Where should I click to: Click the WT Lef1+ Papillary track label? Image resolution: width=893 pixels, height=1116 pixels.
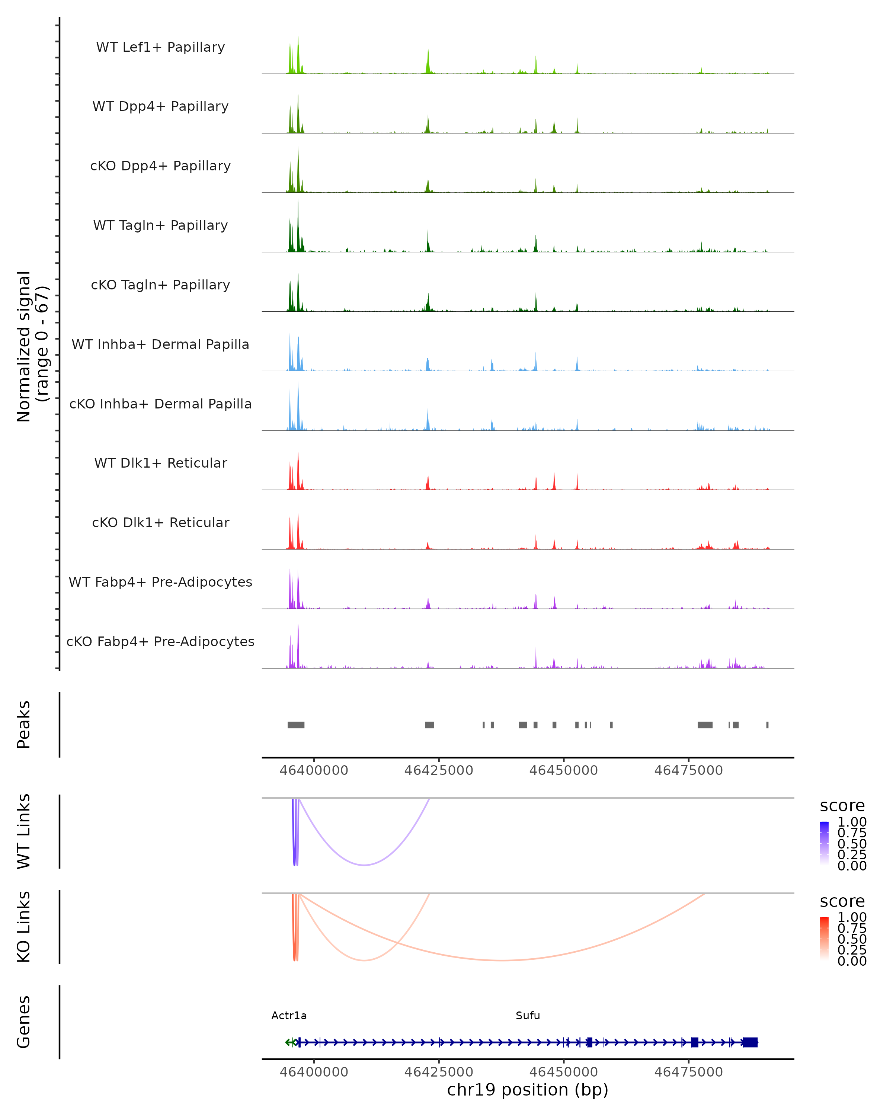(x=160, y=47)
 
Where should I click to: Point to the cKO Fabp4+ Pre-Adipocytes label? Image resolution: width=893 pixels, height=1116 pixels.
(x=160, y=641)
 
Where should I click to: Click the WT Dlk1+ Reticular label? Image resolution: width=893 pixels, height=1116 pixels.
(x=160, y=463)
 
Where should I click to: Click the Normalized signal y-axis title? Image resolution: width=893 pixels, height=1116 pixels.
(x=32, y=346)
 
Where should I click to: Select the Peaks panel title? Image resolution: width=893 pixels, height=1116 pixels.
(x=24, y=725)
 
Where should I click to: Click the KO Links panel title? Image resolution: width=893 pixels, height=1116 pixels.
(x=24, y=927)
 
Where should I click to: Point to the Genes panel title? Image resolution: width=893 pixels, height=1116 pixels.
(x=24, y=1022)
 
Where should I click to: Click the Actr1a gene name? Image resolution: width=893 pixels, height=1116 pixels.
(x=289, y=1016)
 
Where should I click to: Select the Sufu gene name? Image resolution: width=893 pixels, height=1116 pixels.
(x=528, y=1016)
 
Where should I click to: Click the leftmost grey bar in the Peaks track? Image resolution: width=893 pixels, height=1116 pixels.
(x=296, y=725)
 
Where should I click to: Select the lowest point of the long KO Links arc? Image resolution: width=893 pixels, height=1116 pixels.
(x=501, y=961)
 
